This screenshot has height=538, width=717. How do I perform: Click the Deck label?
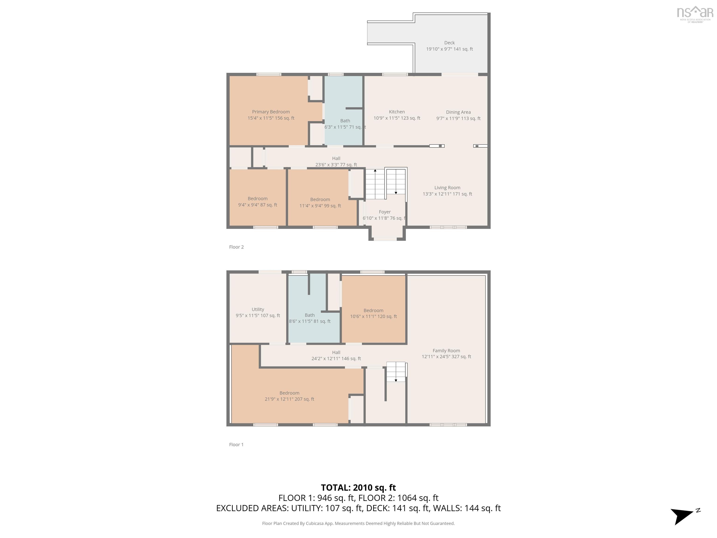[449, 43]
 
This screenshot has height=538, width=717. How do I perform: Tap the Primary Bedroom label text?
[271, 112]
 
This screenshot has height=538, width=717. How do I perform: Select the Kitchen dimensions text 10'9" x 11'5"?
[397, 118]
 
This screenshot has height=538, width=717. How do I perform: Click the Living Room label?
[447, 188]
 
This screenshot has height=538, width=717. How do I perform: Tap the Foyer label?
[384, 212]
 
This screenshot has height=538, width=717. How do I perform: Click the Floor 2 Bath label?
[345, 121]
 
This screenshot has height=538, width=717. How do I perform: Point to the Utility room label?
[258, 309]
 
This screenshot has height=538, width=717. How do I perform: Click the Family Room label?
[446, 350]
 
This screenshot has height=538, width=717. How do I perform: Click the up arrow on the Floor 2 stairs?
[375, 170]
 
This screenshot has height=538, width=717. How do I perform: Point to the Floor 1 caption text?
[236, 445]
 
